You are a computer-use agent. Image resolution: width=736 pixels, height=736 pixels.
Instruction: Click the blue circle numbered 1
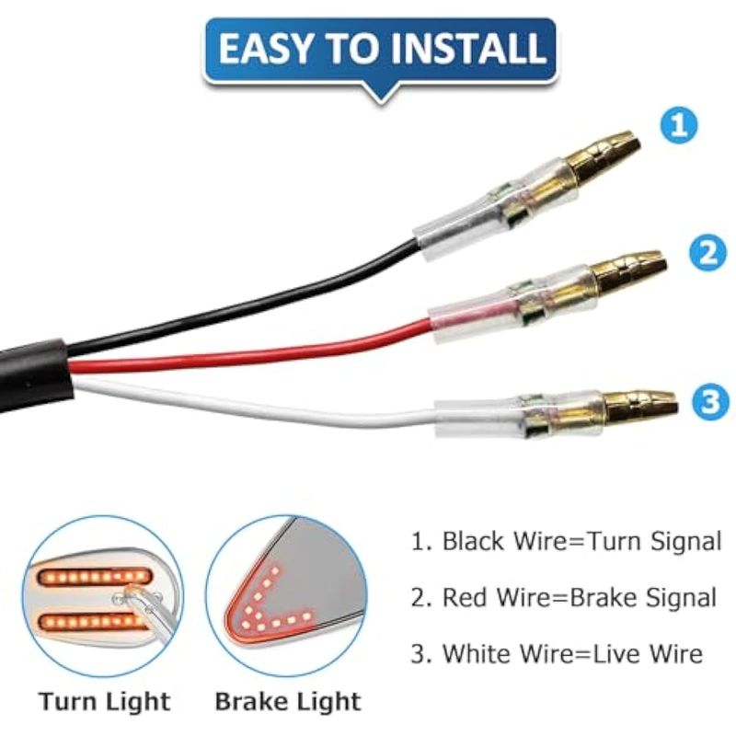[x=679, y=125]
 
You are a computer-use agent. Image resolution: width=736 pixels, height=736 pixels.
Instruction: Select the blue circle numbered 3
[x=711, y=402]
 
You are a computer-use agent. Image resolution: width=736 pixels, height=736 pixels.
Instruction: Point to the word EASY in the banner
[x=266, y=49]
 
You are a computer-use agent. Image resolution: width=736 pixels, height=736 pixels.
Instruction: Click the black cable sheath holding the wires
[x=35, y=375]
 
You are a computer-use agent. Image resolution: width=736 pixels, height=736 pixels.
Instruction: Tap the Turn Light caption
[x=104, y=702]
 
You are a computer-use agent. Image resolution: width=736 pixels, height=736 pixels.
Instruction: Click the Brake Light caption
[x=288, y=702]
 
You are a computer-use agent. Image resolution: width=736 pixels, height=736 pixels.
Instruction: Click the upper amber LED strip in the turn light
[x=94, y=577]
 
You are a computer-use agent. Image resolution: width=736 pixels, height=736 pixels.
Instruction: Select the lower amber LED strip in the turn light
[x=91, y=622]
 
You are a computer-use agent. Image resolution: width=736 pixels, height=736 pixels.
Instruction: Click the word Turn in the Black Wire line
[x=614, y=541]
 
